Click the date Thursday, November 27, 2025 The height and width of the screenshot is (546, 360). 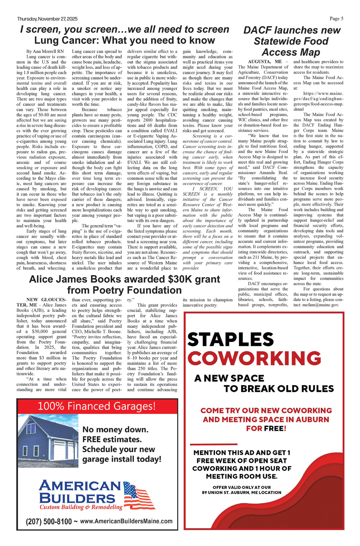pyautogui.click(x=47, y=19)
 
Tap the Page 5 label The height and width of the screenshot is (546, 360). pyautogui.click(x=336, y=19)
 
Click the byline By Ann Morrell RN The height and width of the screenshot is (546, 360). pyautogui.click(x=45, y=51)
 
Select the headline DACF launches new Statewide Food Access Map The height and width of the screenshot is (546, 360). pyautogui.click(x=291, y=41)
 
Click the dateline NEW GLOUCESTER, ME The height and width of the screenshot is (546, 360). pyautogui.click(x=41, y=302)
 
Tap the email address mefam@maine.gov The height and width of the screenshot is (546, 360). pyautogui.click(x=321, y=305)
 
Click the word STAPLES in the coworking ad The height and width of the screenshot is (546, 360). pyautogui.click(x=230, y=339)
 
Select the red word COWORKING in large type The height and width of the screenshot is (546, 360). pyautogui.click(x=254, y=358)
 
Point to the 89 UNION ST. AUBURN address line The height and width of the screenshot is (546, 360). pyautogui.click(x=242, y=492)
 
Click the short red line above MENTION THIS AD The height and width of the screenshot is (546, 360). pyautogui.click(x=213, y=444)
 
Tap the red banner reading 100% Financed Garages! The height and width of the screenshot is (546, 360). pyautogui.click(x=97, y=406)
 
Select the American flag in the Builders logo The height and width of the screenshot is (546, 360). pyautogui.click(x=139, y=496)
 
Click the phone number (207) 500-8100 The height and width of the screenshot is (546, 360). pyautogui.click(x=49, y=521)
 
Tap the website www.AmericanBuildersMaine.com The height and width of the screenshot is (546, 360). pyautogui.click(x=126, y=521)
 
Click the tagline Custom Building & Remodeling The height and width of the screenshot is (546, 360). pyautogui.click(x=81, y=507)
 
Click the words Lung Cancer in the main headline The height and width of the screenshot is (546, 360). pyautogui.click(x=63, y=40)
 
